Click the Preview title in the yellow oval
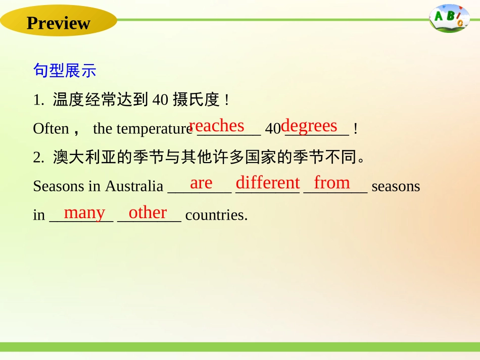58,23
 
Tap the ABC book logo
449,19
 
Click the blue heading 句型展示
64,70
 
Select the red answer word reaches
216,126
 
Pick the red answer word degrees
309,126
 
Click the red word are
201,183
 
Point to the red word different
268,183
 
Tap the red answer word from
332,183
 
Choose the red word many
84,213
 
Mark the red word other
148,213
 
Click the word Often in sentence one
51,129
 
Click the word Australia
134,186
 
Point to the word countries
216,216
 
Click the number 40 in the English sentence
273,129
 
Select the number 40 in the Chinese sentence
160,100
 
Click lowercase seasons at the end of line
396,186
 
